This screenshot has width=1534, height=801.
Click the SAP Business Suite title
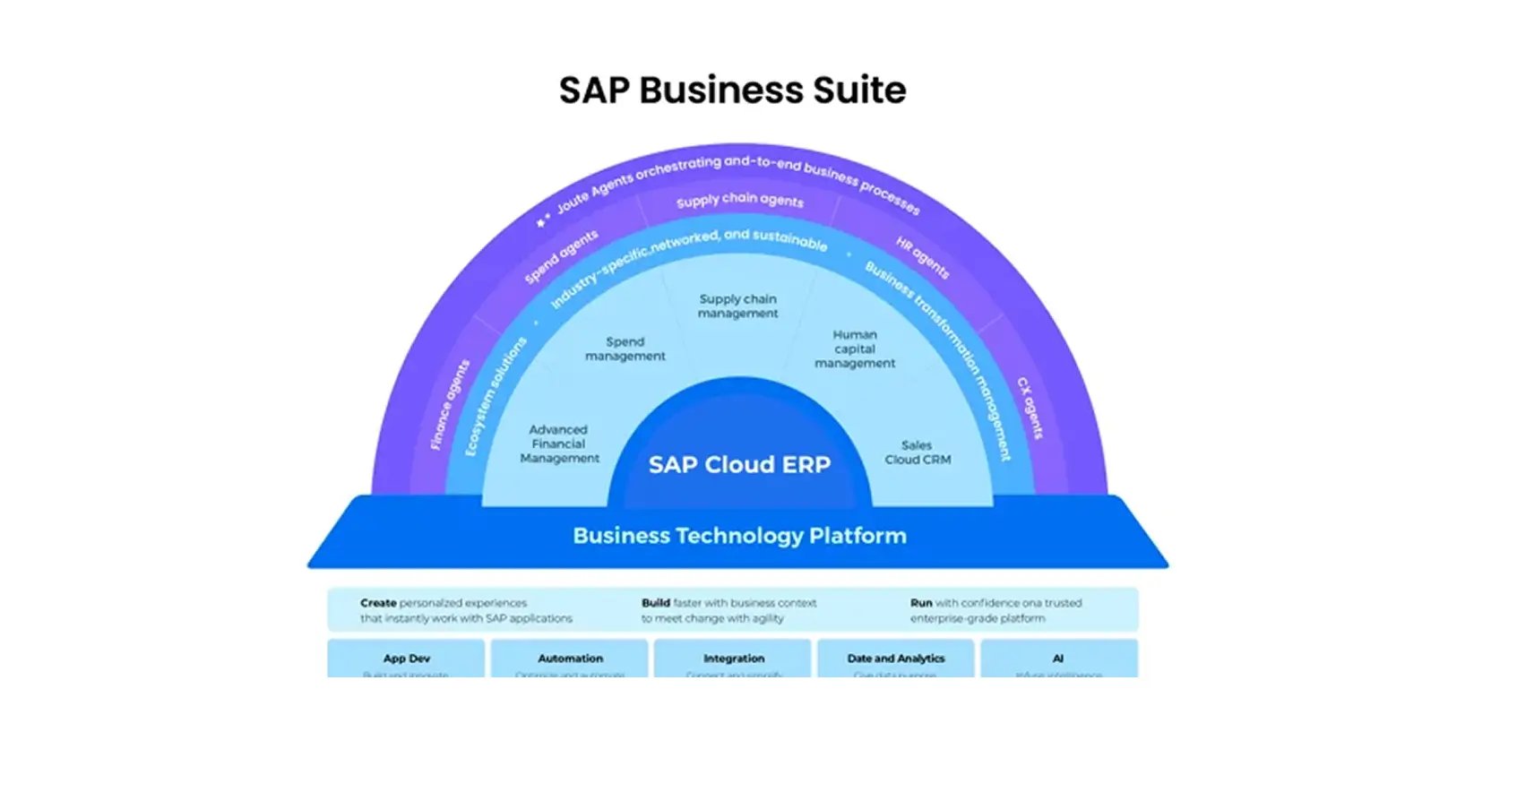click(732, 90)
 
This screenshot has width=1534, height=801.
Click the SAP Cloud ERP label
click(739, 465)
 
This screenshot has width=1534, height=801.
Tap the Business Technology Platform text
click(739, 536)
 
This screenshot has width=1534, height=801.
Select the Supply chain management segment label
click(738, 306)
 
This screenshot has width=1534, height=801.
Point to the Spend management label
click(625, 349)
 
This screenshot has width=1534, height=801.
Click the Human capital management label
click(855, 349)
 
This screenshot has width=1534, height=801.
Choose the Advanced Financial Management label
click(559, 444)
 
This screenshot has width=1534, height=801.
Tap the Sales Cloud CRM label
click(918, 452)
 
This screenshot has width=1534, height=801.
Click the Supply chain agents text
click(740, 200)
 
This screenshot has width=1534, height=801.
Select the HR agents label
click(922, 258)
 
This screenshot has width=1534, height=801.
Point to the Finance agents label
click(450, 405)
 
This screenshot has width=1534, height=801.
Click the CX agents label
click(1030, 408)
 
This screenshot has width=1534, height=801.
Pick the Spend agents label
click(561, 257)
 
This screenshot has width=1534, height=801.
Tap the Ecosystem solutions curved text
click(496, 397)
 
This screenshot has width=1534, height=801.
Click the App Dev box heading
click(406, 659)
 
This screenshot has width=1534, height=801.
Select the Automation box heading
click(570, 659)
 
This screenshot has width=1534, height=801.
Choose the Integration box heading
click(733, 659)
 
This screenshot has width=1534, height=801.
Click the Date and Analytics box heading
click(896, 659)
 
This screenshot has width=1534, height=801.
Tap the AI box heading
click(1058, 659)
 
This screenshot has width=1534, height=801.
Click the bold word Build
click(656, 603)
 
